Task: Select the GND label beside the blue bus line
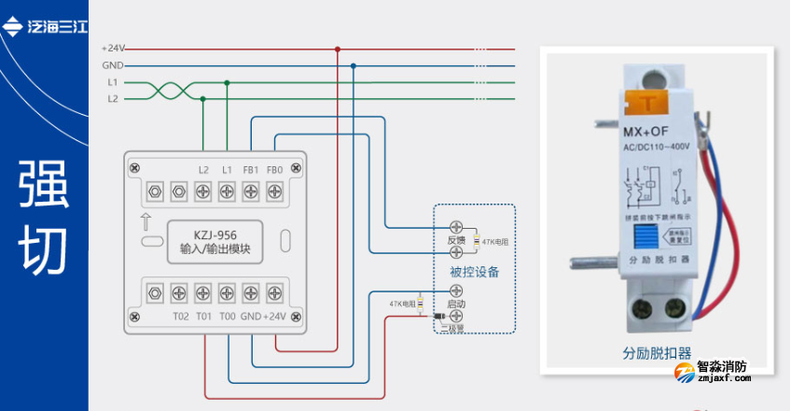[x=112, y=65]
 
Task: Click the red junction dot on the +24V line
[x=338, y=49]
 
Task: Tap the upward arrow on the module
[x=146, y=222]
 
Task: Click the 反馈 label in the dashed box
[x=456, y=240]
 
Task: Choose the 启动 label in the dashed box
[x=456, y=305]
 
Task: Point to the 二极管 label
[x=455, y=327]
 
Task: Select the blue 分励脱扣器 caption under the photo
[x=657, y=353]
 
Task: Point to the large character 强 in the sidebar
[x=43, y=186]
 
